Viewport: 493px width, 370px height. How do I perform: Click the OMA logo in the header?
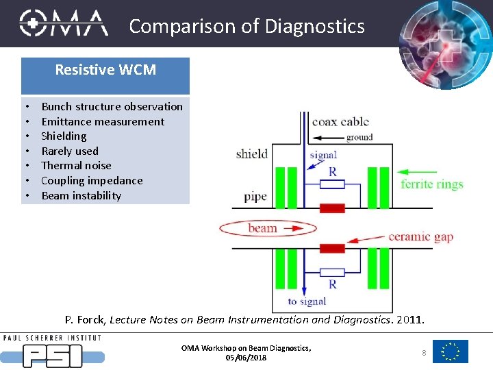63,23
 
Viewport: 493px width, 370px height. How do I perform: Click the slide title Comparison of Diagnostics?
246,26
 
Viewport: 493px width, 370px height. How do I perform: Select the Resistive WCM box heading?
105,70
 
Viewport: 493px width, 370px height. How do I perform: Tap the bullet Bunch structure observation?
112,106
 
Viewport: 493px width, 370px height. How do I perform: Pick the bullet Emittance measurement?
103,121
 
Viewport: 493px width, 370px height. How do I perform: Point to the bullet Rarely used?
70,151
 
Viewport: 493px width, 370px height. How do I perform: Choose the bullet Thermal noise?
76,166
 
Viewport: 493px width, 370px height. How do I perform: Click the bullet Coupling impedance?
92,181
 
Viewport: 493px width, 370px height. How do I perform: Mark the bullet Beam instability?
81,196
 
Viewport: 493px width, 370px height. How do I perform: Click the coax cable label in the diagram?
340,122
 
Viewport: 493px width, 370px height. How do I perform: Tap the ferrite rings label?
432,184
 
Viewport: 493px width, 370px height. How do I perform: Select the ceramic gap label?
420,237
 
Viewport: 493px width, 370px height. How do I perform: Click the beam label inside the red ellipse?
263,228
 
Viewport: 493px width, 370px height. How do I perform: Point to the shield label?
251,153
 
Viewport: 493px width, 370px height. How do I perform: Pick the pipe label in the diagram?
255,197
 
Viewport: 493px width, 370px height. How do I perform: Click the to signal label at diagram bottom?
307,301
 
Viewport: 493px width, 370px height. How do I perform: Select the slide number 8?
424,352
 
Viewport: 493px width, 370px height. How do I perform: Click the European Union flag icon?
451,351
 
